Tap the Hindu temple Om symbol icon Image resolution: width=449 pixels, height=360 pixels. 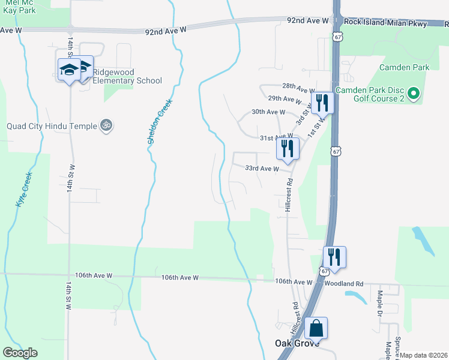(106, 125)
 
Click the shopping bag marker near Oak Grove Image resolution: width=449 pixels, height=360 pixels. (316, 329)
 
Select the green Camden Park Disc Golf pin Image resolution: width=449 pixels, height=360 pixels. (413, 94)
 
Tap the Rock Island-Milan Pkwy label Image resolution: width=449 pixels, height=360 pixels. (387, 24)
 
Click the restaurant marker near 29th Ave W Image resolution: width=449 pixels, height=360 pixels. (322, 103)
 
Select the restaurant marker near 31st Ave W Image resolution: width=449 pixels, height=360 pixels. (288, 148)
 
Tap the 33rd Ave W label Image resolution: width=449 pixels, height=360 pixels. (262, 169)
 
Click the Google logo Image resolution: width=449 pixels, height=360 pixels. (20, 353)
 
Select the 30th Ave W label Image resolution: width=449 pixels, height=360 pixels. (268, 112)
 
